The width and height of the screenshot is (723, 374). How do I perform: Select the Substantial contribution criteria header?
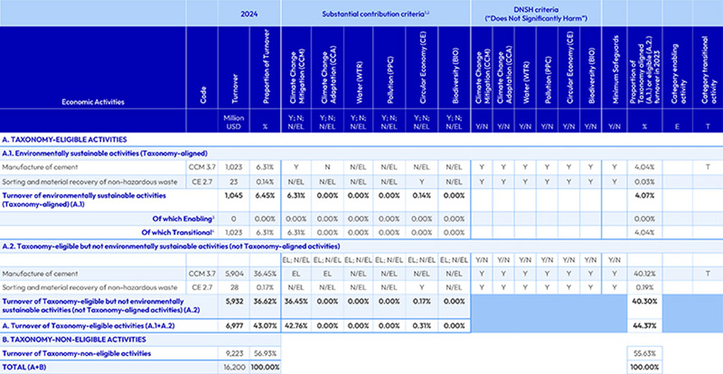pos(375,13)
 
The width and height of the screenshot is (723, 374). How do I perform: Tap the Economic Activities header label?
pos(93,103)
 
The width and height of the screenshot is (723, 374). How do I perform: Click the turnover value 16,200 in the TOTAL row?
pos(234,365)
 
